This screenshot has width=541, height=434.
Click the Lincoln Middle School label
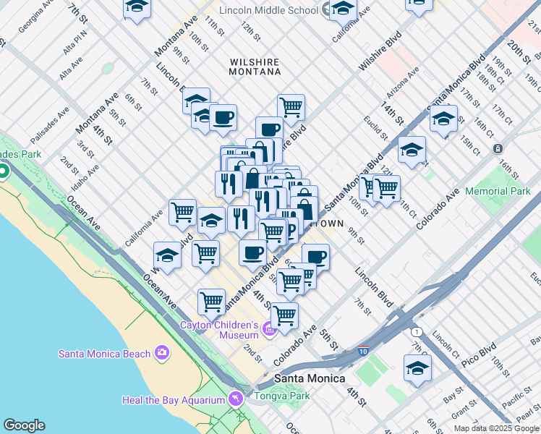click(x=269, y=10)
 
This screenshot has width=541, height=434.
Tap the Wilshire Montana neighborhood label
click(x=255, y=67)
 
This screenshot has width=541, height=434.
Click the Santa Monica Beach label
click(x=105, y=353)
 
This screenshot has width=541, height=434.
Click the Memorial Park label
click(x=498, y=192)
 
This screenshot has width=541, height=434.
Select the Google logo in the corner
click(x=24, y=425)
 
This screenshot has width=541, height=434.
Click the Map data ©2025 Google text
click(x=497, y=428)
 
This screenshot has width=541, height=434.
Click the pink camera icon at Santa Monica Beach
click(x=161, y=352)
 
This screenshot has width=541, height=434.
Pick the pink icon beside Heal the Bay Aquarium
click(x=235, y=399)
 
